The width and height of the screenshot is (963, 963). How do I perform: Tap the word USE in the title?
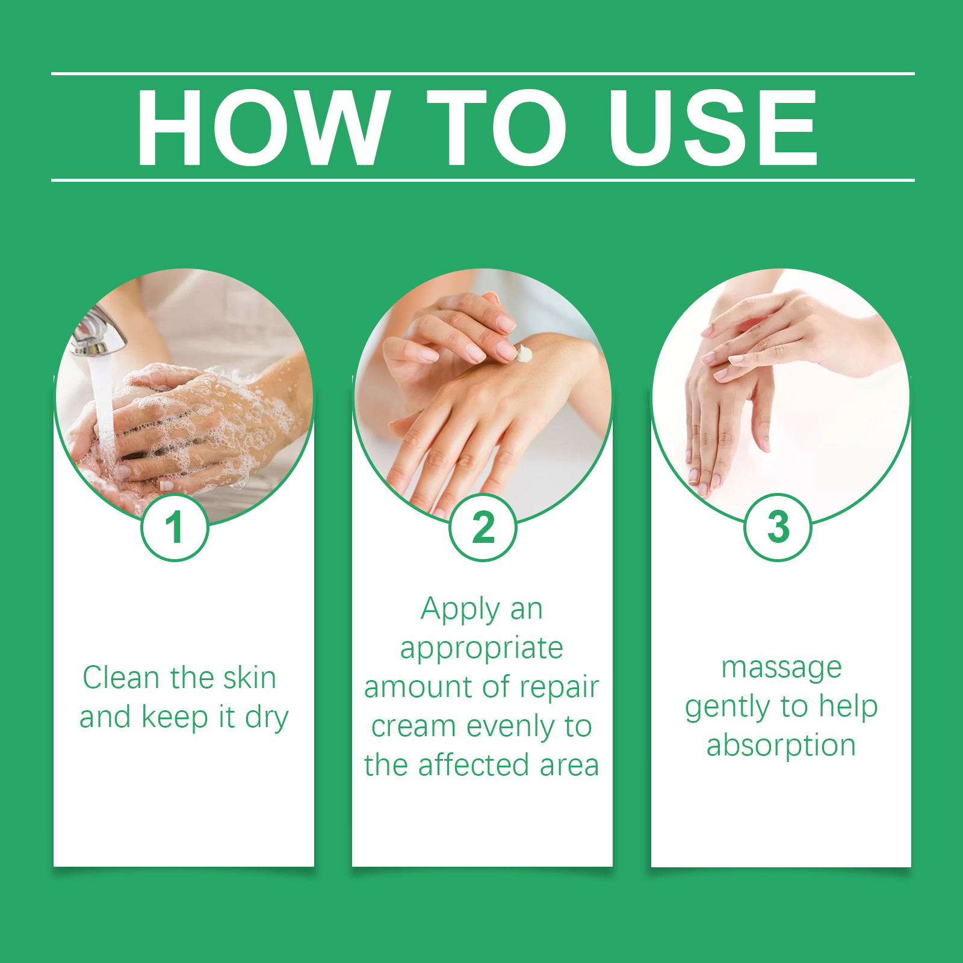point(713,128)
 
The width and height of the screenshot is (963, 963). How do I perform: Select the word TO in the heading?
point(497,128)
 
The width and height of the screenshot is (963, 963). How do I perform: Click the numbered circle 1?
point(175,527)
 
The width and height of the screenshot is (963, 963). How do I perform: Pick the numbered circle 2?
point(483,527)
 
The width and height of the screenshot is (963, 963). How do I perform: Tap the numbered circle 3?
point(778,527)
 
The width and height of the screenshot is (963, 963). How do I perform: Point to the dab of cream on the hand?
point(524,353)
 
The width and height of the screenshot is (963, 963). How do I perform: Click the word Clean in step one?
point(121,678)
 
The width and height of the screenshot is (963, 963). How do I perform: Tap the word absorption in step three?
point(781,746)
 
